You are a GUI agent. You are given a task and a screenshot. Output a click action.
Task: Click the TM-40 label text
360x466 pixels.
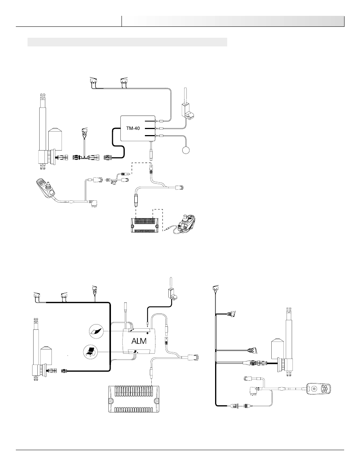(x=133, y=128)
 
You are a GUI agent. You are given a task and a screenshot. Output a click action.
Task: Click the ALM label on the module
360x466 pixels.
(x=139, y=341)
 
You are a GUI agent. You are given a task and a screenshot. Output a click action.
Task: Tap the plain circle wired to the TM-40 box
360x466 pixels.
(x=186, y=150)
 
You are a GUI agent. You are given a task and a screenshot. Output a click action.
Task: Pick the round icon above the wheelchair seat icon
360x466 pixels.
(x=97, y=331)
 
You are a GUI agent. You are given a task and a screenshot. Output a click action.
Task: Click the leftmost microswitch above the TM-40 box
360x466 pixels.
(x=93, y=80)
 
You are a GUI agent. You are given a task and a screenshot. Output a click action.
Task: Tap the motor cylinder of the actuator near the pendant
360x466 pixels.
(x=278, y=349)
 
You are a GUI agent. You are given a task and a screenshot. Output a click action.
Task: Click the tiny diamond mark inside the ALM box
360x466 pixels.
(x=147, y=333)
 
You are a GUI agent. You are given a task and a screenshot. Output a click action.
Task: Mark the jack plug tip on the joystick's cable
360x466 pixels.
(x=166, y=230)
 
